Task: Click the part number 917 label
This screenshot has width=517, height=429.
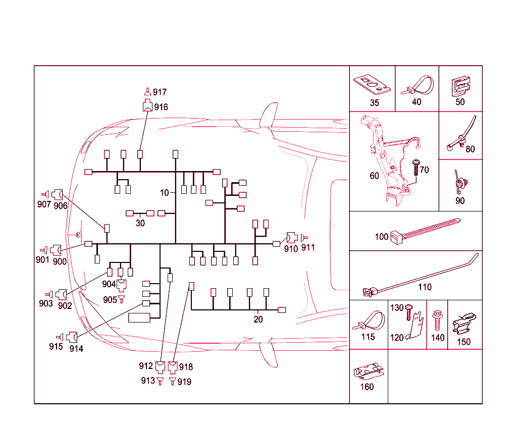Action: tap(160, 92)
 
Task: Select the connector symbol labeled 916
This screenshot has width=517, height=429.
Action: tap(147, 106)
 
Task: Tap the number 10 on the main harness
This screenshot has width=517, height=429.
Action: tap(165, 192)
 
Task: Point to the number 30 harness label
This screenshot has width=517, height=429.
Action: tap(140, 223)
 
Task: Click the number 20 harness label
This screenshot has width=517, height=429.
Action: tap(258, 319)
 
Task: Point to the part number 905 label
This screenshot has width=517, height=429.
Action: tap(110, 300)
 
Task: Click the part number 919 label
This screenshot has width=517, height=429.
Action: tap(184, 382)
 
